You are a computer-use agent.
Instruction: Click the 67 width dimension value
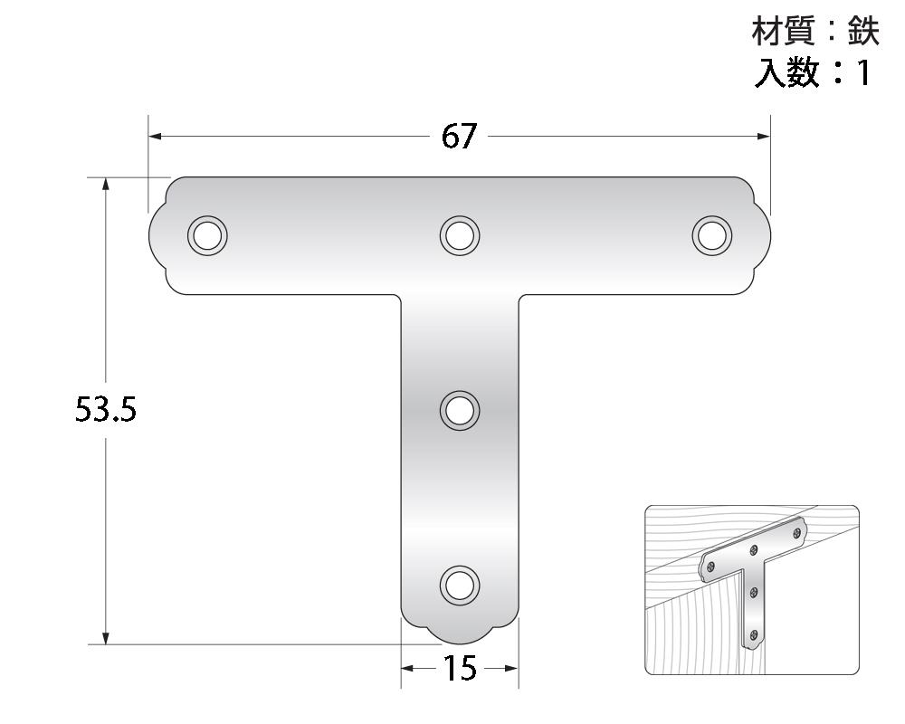point(459,137)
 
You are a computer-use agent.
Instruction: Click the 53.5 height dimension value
point(105,411)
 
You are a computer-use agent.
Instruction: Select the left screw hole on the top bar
point(207,235)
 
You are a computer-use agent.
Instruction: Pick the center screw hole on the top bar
point(460,235)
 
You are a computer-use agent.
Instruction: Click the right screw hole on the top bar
point(712,235)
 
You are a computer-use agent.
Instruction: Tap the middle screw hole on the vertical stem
point(460,410)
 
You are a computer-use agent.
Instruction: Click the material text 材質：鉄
point(815,33)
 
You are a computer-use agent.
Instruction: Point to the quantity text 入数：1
point(813,72)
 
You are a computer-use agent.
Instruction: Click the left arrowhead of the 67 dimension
point(155,137)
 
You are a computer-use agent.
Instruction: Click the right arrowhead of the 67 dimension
point(764,137)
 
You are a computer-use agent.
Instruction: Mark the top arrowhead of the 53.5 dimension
point(106,184)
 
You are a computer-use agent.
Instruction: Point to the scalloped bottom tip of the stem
point(460,633)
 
